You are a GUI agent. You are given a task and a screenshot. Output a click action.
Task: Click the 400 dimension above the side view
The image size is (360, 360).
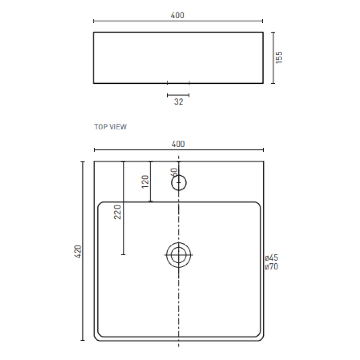pyautogui.click(x=178, y=15)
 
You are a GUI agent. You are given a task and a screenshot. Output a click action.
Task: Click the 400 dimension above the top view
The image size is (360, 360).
pyautogui.click(x=178, y=144)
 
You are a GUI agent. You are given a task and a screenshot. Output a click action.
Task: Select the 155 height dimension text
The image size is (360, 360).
pyautogui.click(x=279, y=57)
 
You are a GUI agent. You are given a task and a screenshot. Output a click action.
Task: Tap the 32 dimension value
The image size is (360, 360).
pyautogui.click(x=179, y=102)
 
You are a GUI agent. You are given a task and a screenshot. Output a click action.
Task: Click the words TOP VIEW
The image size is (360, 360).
pyautogui.click(x=110, y=127)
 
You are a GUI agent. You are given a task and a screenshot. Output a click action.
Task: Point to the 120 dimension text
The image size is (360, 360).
pyautogui.click(x=146, y=181)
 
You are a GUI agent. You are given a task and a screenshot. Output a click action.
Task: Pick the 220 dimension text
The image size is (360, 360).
pyautogui.click(x=118, y=212)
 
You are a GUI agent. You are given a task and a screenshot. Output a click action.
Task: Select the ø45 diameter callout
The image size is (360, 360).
pyautogui.click(x=272, y=258)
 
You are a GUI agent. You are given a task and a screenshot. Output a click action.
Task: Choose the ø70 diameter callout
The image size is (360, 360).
pyautogui.click(x=272, y=267)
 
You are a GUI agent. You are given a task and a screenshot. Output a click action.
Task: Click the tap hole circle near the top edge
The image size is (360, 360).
pyautogui.click(x=179, y=183)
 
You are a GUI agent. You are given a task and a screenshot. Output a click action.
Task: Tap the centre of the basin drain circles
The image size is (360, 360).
pyautogui.click(x=179, y=255)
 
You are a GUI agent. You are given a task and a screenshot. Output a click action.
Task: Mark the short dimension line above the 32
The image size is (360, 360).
pyautogui.click(x=178, y=95)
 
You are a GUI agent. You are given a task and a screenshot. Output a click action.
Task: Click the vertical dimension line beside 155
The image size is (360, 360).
pyautogui.click(x=273, y=57)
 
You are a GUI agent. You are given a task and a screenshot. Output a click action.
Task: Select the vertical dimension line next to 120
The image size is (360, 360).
pyautogui.click(x=150, y=181)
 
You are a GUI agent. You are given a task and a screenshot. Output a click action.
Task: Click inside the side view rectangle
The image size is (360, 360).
pyautogui.click(x=178, y=57)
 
